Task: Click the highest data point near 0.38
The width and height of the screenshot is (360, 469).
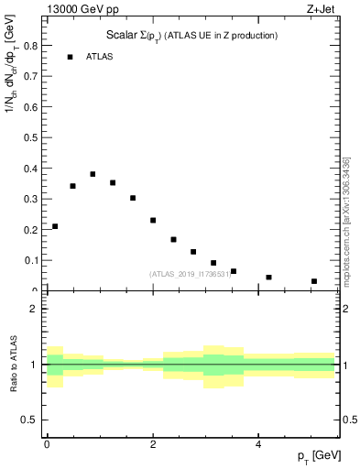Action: [93, 174]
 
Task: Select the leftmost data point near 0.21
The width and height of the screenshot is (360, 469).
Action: [55, 226]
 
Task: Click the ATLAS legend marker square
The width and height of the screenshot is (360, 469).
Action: [70, 57]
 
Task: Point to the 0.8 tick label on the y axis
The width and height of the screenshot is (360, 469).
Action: [30, 44]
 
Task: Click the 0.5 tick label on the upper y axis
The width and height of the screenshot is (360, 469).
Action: [30, 136]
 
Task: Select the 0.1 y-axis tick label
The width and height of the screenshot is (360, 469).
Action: [30, 260]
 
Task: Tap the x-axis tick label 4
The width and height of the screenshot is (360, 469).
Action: [259, 444]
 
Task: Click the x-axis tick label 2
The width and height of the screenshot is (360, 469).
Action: [153, 444]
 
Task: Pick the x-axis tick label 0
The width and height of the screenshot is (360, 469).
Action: [47, 444]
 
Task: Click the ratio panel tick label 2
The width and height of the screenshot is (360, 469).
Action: [33, 309]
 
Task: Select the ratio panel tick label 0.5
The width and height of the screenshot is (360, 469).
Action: [30, 420]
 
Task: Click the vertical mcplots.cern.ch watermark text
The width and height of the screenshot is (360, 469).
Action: [347, 217]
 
